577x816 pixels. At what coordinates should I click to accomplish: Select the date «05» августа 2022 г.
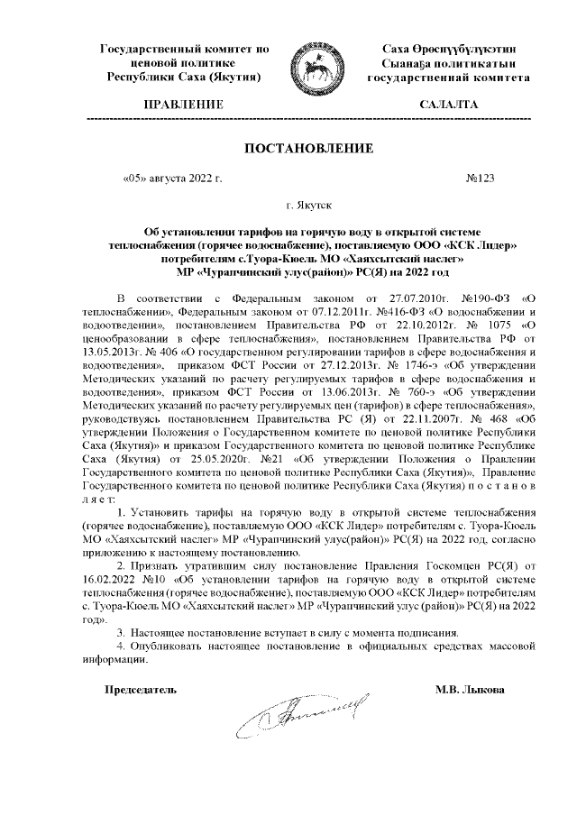click(x=170, y=179)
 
